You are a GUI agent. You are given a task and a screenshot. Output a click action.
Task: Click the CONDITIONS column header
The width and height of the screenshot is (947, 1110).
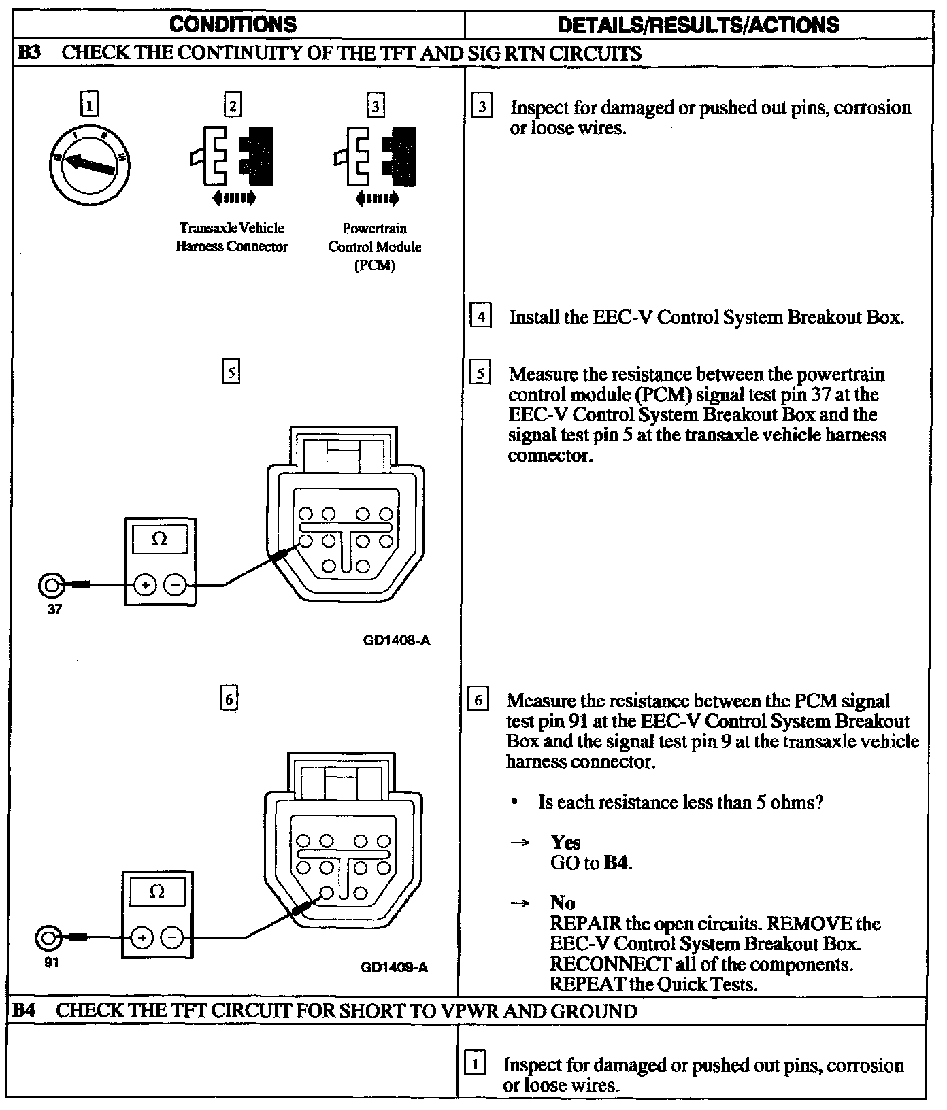click(233, 25)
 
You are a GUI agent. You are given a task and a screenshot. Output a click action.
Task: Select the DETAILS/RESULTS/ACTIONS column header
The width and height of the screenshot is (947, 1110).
click(698, 25)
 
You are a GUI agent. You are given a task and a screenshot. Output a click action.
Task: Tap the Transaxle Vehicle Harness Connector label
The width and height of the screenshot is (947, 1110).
click(231, 237)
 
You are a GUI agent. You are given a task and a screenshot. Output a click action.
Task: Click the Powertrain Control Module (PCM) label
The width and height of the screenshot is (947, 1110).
click(375, 247)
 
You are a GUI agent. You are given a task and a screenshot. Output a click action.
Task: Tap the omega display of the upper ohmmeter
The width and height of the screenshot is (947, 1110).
click(160, 540)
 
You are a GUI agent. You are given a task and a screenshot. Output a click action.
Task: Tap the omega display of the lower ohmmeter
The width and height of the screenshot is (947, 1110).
click(157, 892)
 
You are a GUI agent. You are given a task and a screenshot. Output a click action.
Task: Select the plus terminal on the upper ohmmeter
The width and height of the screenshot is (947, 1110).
click(144, 584)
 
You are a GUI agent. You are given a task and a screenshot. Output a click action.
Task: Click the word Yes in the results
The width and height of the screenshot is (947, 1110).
click(565, 843)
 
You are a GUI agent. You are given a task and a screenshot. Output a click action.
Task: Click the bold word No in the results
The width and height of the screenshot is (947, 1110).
click(563, 903)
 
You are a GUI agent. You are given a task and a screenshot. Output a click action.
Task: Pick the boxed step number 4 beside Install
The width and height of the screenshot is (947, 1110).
click(481, 317)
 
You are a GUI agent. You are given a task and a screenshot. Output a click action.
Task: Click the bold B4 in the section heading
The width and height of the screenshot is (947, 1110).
click(24, 1011)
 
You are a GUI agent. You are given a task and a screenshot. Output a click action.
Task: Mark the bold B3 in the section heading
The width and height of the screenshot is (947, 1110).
click(27, 53)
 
